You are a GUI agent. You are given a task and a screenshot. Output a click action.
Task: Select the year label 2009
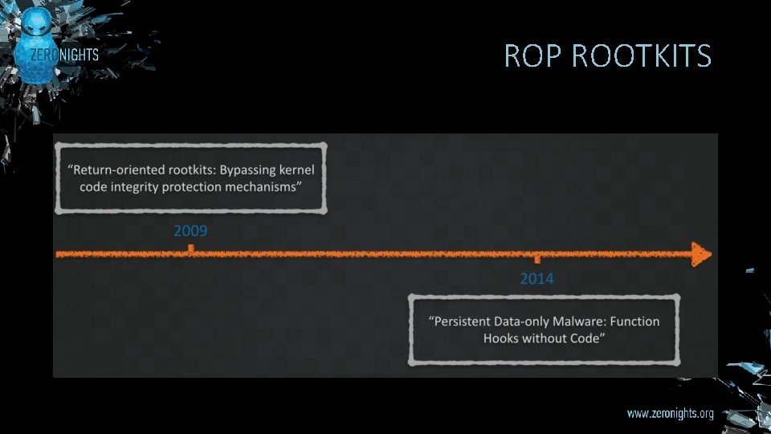point(190,231)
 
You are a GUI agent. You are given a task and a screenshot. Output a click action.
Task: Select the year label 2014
point(536,279)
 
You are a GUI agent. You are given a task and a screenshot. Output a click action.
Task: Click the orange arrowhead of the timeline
point(701,255)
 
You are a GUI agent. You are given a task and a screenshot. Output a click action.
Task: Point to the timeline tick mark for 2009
point(190,248)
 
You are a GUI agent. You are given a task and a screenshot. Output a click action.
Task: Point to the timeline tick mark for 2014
point(536,260)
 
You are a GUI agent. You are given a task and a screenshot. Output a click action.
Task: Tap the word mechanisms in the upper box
point(263,187)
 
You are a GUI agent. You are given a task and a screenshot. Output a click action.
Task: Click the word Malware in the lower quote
point(577,321)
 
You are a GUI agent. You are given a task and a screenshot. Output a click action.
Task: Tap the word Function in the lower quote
point(634,321)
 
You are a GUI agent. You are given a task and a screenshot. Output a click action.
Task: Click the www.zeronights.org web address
point(670,414)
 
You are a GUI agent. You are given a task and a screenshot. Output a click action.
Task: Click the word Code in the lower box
point(587,338)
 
